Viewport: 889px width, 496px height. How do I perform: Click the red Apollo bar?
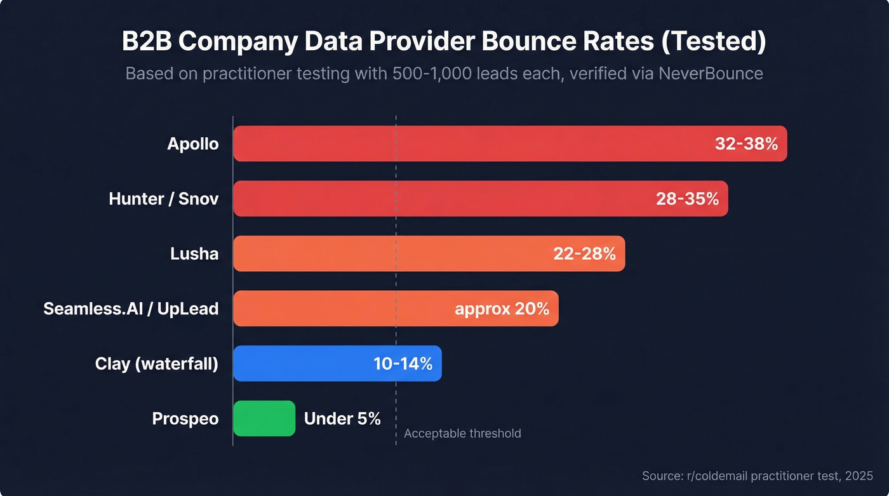coord(470,144)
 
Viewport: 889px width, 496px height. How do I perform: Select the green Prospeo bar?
coord(264,419)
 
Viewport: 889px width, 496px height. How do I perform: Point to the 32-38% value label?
coord(746,144)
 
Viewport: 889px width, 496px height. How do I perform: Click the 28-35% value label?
coord(687,199)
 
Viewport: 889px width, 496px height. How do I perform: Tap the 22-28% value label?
coord(584,254)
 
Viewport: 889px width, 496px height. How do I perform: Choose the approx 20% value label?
coord(502,309)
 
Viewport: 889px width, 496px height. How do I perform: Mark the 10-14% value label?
coord(403,364)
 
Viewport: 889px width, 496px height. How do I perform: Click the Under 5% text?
coord(342,419)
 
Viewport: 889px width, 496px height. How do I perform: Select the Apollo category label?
coord(193,144)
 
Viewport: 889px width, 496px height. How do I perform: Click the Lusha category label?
coord(194,254)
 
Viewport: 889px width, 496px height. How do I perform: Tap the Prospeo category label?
coord(185,419)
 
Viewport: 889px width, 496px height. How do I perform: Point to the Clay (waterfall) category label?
coord(157,364)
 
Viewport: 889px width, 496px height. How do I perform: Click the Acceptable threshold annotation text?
coord(462,434)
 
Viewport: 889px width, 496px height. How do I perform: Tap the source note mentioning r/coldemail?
coord(758,476)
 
